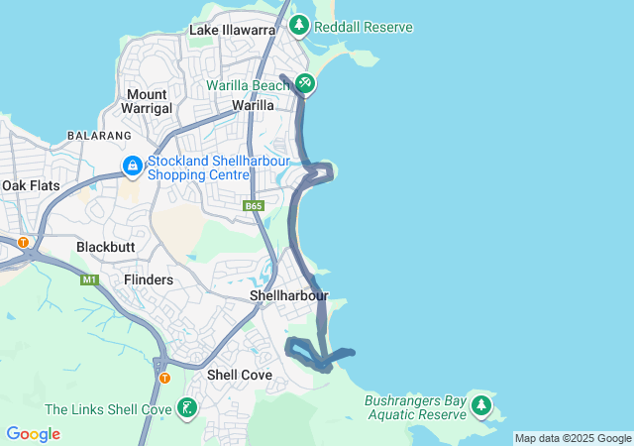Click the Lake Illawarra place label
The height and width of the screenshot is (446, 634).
232,31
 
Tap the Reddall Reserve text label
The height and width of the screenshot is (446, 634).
363,27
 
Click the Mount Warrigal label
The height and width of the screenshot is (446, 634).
146,101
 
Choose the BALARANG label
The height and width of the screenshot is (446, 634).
99,135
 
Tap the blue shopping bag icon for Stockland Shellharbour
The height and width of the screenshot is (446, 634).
132,166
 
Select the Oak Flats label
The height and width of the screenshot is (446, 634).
31,185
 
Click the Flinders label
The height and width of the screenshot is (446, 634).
149,279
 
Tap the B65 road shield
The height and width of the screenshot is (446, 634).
255,205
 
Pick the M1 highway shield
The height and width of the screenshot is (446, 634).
91,280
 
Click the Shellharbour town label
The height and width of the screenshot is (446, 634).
289,295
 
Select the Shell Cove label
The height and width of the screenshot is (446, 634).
239,375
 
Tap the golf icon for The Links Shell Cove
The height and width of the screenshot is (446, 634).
187,408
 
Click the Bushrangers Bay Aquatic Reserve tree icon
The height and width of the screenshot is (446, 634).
481,404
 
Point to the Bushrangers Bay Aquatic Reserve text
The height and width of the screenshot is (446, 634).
414,407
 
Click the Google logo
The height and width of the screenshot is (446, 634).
33,434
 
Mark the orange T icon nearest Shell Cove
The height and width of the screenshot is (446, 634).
164,378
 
